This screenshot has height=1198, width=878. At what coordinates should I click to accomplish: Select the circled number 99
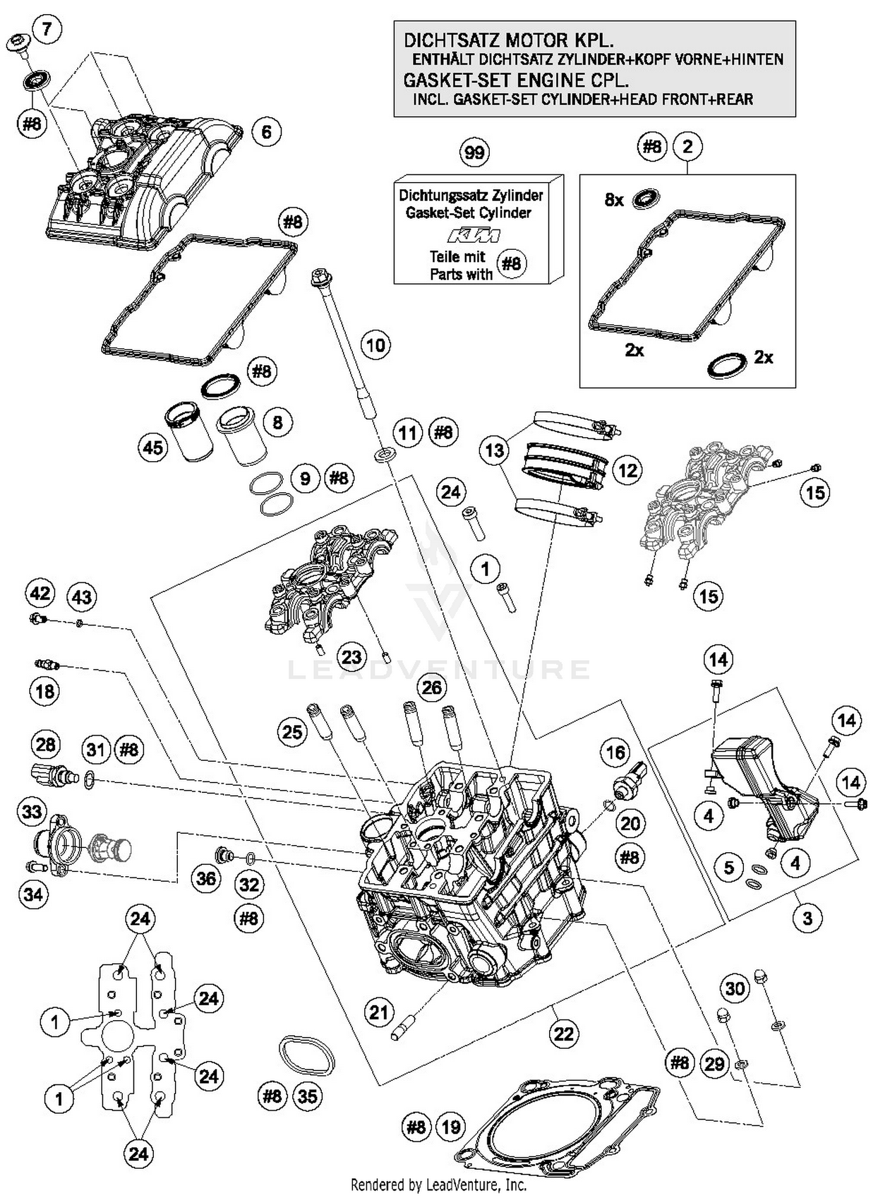(x=474, y=153)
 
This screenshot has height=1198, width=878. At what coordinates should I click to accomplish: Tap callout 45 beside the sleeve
(x=153, y=448)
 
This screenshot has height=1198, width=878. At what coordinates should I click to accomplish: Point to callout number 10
(x=375, y=345)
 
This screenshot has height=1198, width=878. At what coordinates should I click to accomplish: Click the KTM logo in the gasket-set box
(x=474, y=235)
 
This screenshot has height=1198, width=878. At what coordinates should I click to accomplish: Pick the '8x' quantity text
(x=613, y=200)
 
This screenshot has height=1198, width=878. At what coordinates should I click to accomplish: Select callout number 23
(x=351, y=656)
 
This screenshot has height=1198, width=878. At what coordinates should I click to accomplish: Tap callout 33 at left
(x=32, y=811)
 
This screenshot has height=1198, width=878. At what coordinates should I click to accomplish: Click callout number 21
(x=379, y=1011)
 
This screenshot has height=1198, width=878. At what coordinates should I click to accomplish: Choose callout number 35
(x=307, y=1096)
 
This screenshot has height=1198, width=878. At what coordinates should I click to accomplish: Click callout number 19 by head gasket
(x=451, y=1127)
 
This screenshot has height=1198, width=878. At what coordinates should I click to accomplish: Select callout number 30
(x=735, y=988)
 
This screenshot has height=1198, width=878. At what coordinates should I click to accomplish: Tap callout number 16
(x=615, y=752)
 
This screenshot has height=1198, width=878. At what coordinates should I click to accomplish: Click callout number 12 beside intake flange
(x=627, y=470)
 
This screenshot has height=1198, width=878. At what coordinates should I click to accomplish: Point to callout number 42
(x=40, y=593)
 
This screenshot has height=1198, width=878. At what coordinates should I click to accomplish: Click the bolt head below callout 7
(x=20, y=45)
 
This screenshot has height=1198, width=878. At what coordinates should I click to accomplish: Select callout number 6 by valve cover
(x=266, y=132)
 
